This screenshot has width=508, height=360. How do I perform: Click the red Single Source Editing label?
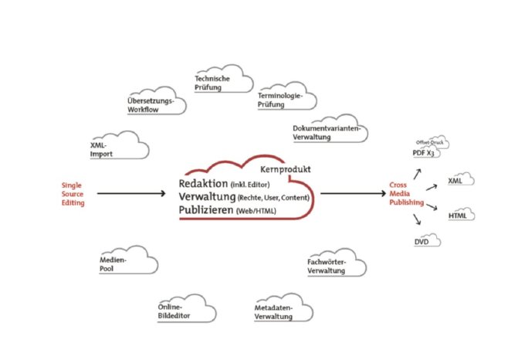[x=73, y=193]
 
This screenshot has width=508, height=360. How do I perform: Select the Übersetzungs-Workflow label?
[x=151, y=105]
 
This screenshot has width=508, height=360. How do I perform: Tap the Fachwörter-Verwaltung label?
[x=326, y=267]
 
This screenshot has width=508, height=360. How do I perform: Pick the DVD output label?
[x=422, y=243]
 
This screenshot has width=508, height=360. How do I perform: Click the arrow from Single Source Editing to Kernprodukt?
[x=134, y=194]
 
